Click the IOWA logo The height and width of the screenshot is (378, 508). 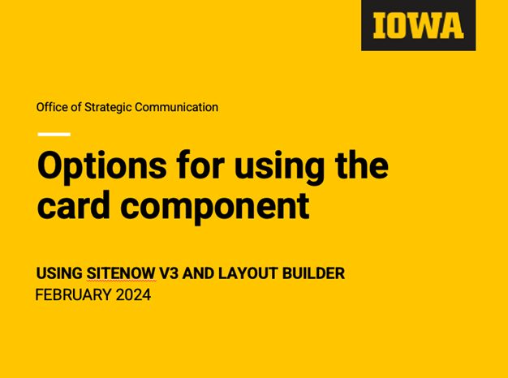tap(418, 25)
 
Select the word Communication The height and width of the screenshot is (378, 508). tap(177, 107)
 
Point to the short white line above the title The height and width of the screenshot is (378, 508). tap(54, 134)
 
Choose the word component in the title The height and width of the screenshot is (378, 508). tap(215, 205)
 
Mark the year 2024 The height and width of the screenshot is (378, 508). tap(133, 294)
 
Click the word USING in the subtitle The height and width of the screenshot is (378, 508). tap(59, 273)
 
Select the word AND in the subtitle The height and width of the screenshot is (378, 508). tap(196, 273)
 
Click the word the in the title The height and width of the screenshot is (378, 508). tap(362, 166)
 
